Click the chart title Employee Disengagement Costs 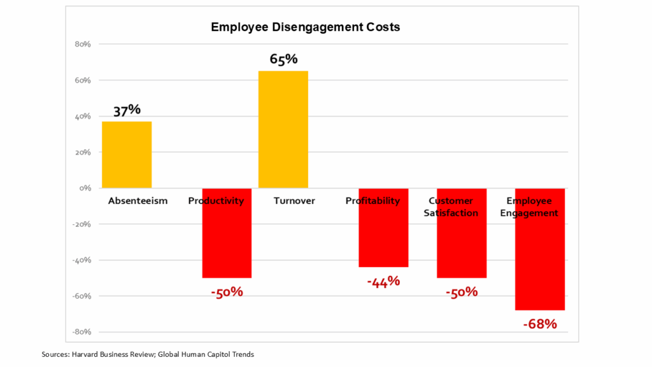click(x=305, y=27)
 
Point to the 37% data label click(x=127, y=110)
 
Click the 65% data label click(x=283, y=59)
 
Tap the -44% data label click(x=383, y=281)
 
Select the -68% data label click(x=540, y=324)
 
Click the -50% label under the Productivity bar click(x=227, y=292)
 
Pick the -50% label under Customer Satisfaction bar click(x=462, y=292)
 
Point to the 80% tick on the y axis click(x=83, y=45)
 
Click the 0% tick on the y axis click(x=86, y=189)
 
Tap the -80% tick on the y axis click(x=82, y=332)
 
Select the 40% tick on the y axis click(x=83, y=117)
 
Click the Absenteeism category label click(x=138, y=201)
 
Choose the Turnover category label click(x=294, y=201)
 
